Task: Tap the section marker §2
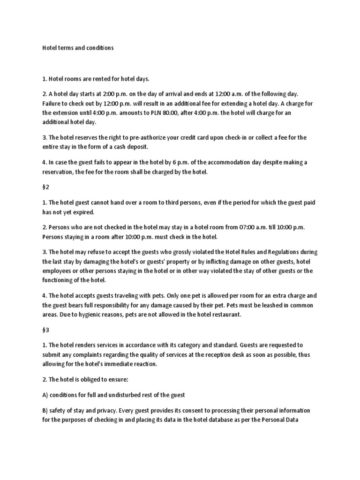46,187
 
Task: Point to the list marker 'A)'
45,395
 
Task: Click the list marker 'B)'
45,411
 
